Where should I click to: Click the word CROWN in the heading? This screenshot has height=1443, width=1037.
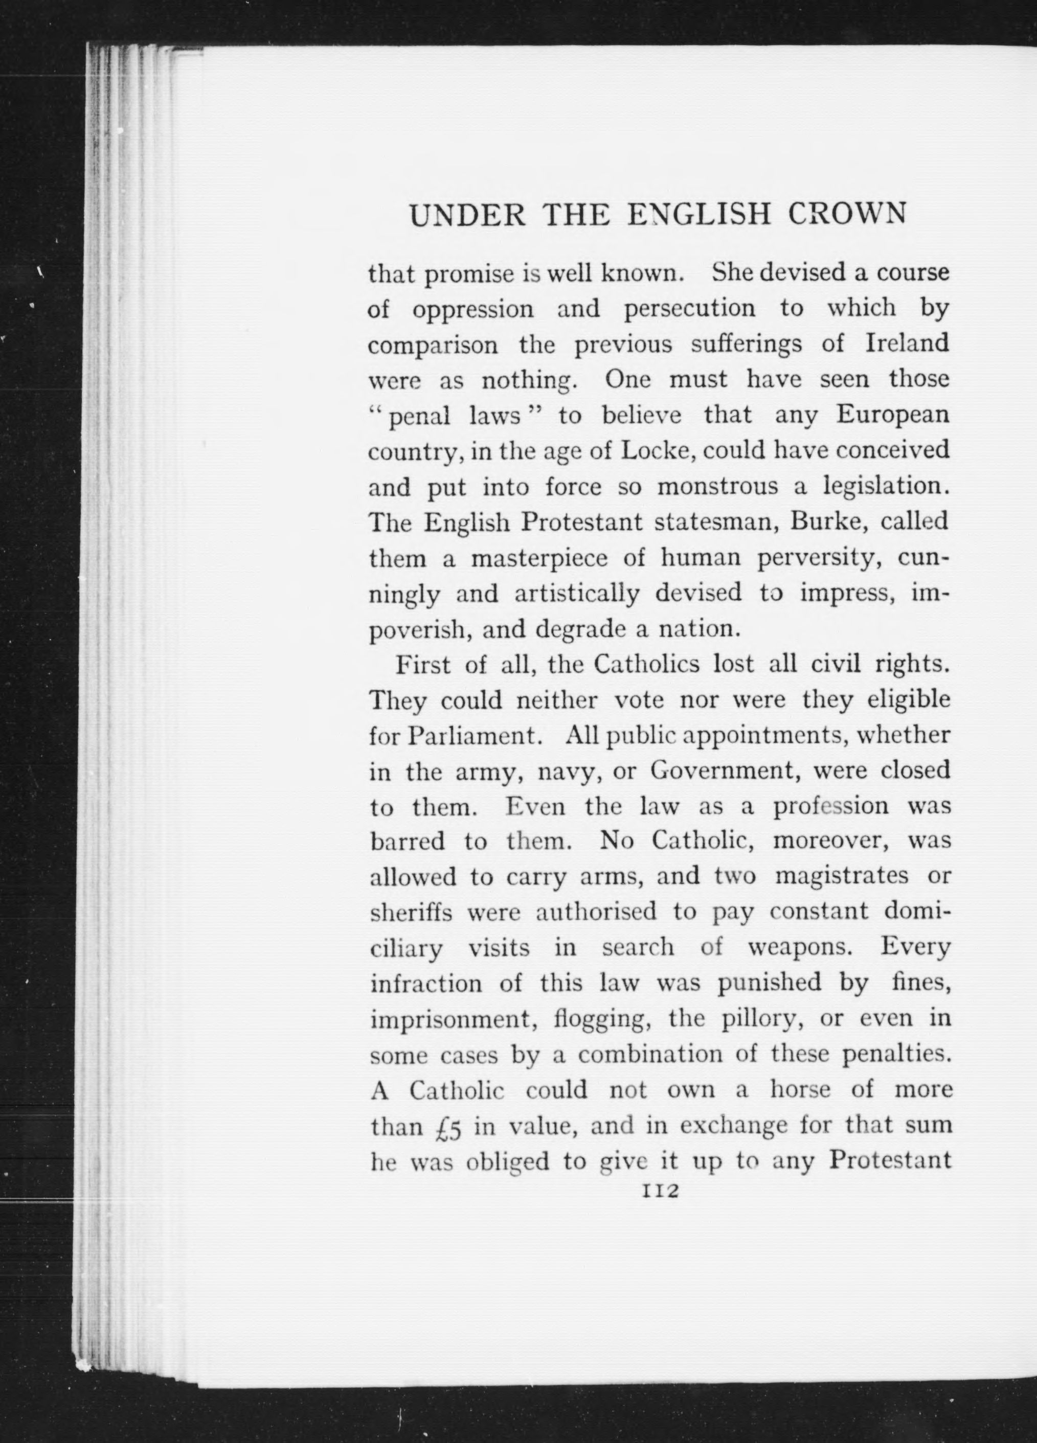pos(846,214)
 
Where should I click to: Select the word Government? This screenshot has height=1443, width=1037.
pos(724,772)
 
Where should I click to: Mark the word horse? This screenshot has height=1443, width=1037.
pos(800,1090)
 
